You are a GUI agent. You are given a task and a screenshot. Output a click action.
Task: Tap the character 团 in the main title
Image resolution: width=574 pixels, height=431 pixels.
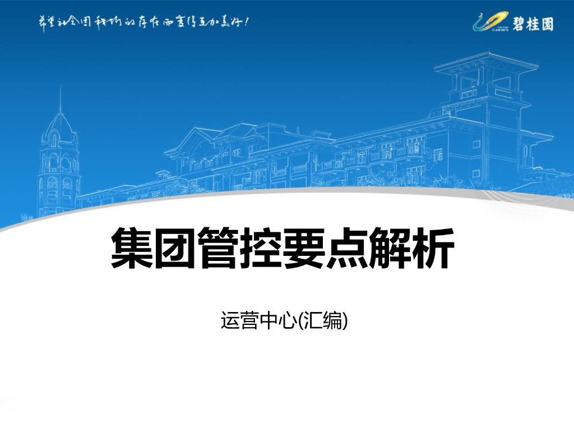click(175, 248)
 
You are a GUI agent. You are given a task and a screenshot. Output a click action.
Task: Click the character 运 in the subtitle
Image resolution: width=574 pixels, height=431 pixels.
click(230, 320)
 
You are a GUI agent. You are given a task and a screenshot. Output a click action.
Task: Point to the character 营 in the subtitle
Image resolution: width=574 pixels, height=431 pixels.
click(248, 320)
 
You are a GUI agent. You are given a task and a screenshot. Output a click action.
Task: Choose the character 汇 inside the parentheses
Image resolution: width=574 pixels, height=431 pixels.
click(311, 320)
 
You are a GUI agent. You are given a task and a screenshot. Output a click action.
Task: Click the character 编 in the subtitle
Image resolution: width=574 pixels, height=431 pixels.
click(332, 320)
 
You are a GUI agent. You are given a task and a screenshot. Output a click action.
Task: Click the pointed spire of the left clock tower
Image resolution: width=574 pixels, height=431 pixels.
click(60, 98)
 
